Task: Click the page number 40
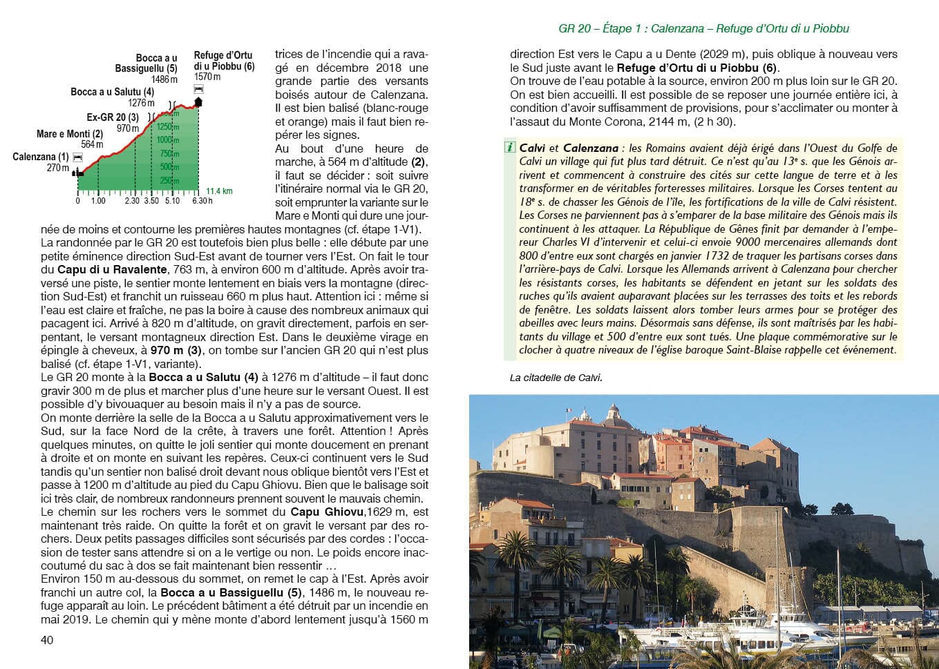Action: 47,640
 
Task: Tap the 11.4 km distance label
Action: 219,191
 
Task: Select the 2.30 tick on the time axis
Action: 132,201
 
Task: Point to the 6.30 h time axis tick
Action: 202,201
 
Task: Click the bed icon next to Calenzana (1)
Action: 77,157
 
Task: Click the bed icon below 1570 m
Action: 200,89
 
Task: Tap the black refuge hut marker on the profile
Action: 199,102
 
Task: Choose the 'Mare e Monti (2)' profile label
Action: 69,134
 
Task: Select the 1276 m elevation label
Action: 142,103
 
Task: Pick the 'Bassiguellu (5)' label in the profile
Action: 146,68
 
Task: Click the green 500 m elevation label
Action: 169,167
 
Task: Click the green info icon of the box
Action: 510,148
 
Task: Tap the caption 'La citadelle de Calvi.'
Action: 556,378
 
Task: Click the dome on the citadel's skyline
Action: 612,414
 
